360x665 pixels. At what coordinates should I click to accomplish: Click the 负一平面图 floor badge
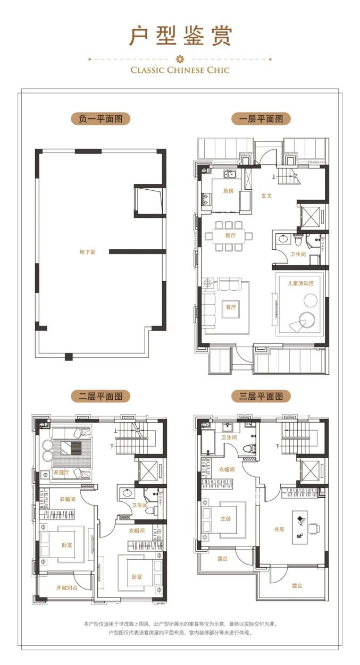click(x=101, y=119)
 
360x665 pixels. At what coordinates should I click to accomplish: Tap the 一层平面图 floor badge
click(x=261, y=119)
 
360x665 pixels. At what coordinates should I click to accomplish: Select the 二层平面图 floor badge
click(x=101, y=397)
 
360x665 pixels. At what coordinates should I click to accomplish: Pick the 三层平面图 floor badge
click(x=261, y=397)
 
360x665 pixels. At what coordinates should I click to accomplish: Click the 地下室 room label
click(x=87, y=252)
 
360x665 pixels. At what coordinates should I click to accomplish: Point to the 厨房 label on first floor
click(x=229, y=191)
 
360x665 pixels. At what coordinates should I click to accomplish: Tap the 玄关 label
click(x=266, y=196)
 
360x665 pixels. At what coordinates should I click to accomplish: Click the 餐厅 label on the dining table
click(x=230, y=235)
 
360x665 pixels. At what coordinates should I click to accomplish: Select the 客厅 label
click(x=231, y=307)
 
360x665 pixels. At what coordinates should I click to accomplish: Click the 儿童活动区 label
click(x=300, y=283)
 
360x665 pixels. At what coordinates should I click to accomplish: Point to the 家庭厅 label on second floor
click(x=61, y=473)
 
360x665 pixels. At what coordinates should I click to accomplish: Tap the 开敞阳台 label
click(x=67, y=587)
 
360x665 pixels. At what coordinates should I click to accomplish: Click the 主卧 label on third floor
click(x=225, y=519)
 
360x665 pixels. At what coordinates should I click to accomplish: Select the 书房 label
click(x=279, y=529)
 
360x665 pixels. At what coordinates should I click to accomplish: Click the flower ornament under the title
click(x=180, y=59)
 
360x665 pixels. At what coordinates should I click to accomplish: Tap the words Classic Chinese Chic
click(x=180, y=70)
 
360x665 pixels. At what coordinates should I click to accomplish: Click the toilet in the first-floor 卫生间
click(x=297, y=239)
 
